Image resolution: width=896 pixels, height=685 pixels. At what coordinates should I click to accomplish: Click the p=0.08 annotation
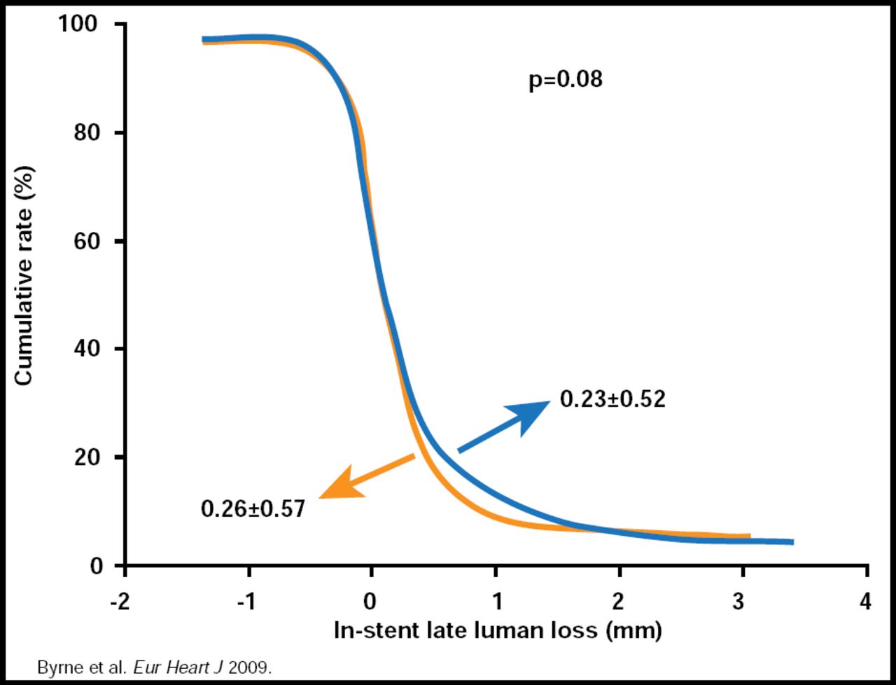(x=565, y=80)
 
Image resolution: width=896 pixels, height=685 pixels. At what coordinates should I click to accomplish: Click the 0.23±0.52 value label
(x=612, y=399)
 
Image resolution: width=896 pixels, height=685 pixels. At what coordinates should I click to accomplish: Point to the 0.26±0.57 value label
(x=253, y=508)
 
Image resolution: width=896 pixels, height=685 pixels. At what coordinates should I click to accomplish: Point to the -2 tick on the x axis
(x=121, y=601)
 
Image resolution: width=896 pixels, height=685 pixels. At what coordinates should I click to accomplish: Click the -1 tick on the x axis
(x=245, y=601)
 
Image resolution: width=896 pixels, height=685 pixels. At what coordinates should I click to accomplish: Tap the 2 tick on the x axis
(x=619, y=601)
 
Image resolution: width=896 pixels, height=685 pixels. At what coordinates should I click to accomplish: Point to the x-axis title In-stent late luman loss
(x=497, y=630)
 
